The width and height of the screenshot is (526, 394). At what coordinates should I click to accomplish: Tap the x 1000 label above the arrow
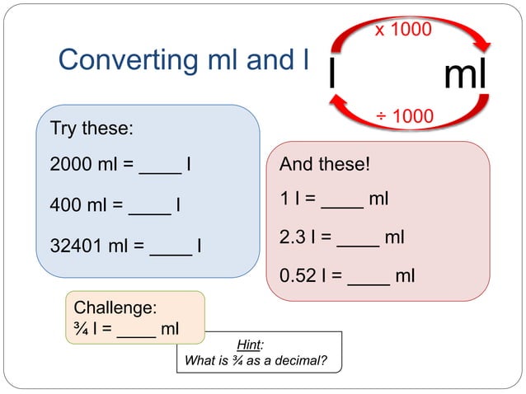click(x=403, y=30)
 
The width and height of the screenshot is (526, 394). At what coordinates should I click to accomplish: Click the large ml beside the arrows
click(x=465, y=75)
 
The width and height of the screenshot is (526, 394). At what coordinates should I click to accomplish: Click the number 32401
click(x=77, y=245)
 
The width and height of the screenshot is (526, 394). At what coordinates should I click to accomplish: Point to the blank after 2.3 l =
click(x=358, y=240)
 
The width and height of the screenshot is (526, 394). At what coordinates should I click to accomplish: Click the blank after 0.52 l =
click(x=369, y=278)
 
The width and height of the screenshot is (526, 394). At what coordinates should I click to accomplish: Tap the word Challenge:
click(x=115, y=308)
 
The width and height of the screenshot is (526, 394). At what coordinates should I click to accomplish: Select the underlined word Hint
click(x=247, y=344)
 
